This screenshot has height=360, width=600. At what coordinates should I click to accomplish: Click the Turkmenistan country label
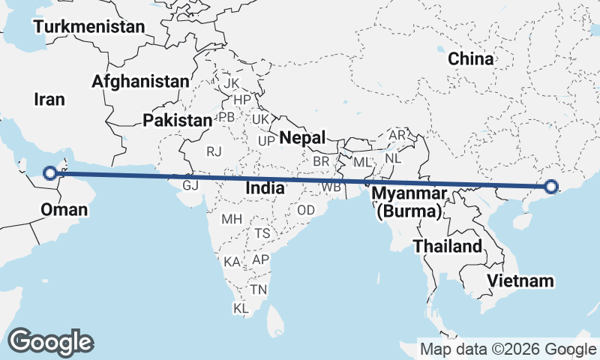coord(94,27)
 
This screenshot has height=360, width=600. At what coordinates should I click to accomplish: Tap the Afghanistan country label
coord(140,81)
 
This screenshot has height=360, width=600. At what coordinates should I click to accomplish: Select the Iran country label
coord(50,99)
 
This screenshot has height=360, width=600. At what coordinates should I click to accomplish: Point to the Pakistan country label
coord(178,120)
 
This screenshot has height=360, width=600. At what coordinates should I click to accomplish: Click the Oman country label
coord(64,208)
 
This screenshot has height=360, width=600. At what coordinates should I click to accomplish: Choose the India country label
coord(265,188)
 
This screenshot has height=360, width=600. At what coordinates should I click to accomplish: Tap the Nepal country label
coord(302,137)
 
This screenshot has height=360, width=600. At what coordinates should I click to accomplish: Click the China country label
coord(470,58)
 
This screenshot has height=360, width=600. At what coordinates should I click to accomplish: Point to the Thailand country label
coord(448,246)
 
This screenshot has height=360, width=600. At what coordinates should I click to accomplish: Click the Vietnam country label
coord(520,281)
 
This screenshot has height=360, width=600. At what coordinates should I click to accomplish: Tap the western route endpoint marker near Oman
coord(49,173)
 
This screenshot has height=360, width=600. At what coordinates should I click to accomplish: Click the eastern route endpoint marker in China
coord(551,187)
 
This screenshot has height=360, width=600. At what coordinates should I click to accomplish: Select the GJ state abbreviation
coord(190,184)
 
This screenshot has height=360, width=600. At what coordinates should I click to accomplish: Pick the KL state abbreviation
coord(241,308)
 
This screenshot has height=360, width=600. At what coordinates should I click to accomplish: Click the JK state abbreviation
coord(231,83)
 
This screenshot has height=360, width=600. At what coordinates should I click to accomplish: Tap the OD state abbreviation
coord(306,210)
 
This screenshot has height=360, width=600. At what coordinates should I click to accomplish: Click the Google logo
coord(51,341)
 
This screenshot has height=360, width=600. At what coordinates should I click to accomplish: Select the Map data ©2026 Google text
coord(508,349)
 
